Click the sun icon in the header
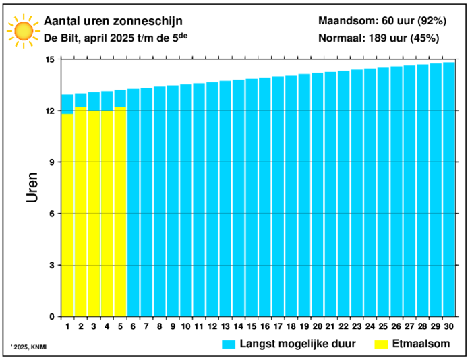23,30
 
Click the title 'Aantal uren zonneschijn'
113,22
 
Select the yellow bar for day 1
67,216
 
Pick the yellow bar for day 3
94,214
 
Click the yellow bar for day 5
120,212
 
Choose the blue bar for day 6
134,202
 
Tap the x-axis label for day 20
318,326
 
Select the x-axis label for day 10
186,326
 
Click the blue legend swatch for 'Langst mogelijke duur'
229,344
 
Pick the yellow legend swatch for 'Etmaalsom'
382,344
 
